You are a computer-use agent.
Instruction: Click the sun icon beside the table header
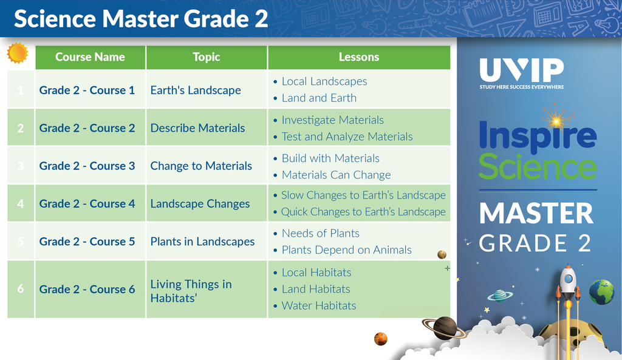(x=18, y=53)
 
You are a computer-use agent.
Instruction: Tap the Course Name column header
(x=90, y=57)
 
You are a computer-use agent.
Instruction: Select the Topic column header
(x=207, y=57)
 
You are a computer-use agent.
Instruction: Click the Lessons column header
(x=359, y=57)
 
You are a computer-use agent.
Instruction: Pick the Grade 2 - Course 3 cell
(x=87, y=166)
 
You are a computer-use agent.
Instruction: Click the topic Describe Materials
(x=197, y=128)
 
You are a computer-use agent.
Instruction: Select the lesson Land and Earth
(x=319, y=98)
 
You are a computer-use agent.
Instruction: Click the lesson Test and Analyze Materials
(x=347, y=137)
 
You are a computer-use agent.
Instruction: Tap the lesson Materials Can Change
(x=337, y=175)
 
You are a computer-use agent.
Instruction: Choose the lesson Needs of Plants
(x=321, y=233)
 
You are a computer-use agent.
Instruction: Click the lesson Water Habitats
(x=319, y=306)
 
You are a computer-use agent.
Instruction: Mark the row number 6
(x=21, y=288)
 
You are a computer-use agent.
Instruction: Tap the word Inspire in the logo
(x=538, y=135)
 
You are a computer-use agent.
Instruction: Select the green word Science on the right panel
(x=538, y=166)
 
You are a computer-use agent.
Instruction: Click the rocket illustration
(x=568, y=293)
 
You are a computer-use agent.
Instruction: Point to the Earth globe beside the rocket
(x=601, y=292)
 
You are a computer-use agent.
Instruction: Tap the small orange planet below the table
(x=380, y=339)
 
